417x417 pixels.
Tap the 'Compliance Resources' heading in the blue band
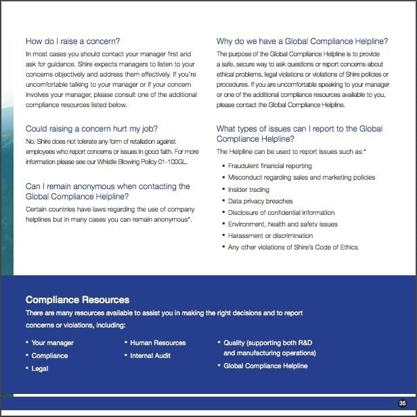point(77,300)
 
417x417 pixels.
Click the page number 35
point(402,403)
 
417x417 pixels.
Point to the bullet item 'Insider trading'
point(248,189)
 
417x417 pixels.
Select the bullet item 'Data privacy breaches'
point(260,201)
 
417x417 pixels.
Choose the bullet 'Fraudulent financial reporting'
point(269,166)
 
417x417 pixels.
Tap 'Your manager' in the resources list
point(53,343)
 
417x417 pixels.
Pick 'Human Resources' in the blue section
point(158,343)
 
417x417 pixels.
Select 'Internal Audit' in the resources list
point(150,355)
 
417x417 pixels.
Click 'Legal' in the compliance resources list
point(40,368)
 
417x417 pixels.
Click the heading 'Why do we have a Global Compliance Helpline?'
point(302,41)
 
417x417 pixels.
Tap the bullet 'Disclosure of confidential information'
point(281,212)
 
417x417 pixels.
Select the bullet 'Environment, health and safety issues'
point(282,224)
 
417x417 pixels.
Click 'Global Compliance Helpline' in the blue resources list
point(265,366)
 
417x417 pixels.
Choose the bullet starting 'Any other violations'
point(292,247)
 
